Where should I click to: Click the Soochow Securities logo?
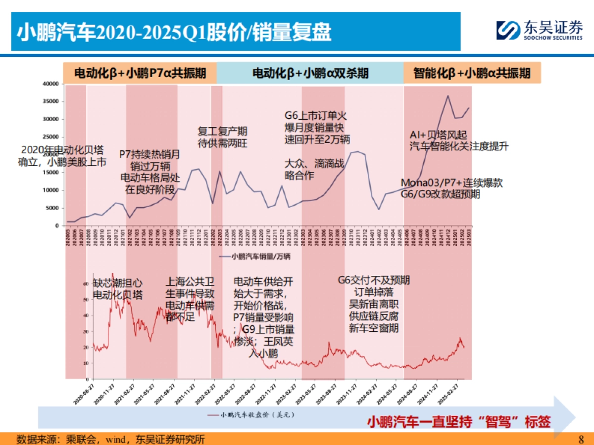click(540, 30)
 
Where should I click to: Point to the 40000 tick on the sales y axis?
click(51, 84)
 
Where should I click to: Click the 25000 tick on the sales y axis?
click(51, 137)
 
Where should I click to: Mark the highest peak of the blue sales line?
click(448, 95)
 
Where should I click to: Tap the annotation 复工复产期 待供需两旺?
click(222, 137)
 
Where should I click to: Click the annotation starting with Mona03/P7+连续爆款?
click(451, 188)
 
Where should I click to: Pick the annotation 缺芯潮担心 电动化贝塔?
click(118, 289)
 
